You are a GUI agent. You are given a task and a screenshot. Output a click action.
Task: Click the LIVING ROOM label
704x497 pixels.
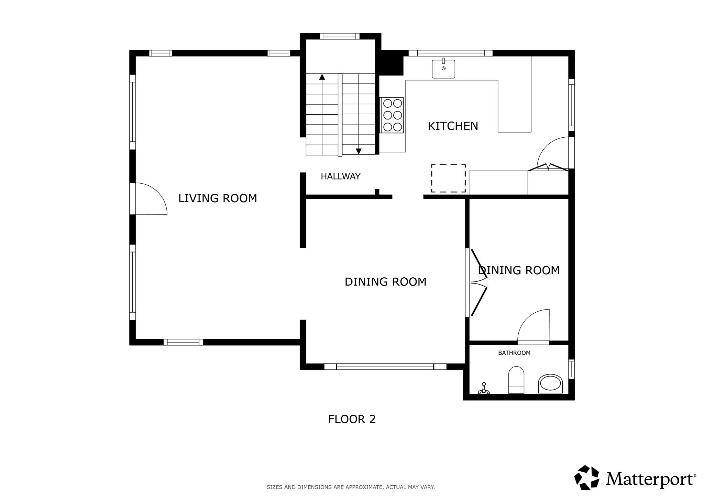[x=218, y=198]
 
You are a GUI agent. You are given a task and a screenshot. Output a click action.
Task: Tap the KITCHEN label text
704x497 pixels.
[x=453, y=126]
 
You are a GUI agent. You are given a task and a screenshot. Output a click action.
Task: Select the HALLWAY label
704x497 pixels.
[x=340, y=176]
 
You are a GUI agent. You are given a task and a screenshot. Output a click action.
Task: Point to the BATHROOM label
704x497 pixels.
[x=514, y=352]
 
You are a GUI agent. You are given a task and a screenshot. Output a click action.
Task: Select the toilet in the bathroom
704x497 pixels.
[x=516, y=380]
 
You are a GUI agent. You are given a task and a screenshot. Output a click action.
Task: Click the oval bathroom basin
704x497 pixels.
[x=550, y=384]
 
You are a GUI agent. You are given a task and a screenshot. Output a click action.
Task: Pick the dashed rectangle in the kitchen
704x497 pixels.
[x=448, y=178]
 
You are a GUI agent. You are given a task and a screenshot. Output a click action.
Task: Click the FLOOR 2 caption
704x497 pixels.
[x=352, y=419]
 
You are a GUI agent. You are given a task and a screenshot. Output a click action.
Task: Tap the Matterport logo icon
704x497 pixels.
[x=587, y=477]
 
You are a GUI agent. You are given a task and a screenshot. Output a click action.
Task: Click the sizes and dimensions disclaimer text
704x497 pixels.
[x=351, y=487]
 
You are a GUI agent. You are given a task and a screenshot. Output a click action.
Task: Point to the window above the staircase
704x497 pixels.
[x=340, y=36]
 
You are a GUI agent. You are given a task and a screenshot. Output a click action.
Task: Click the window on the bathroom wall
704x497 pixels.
[x=571, y=369]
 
